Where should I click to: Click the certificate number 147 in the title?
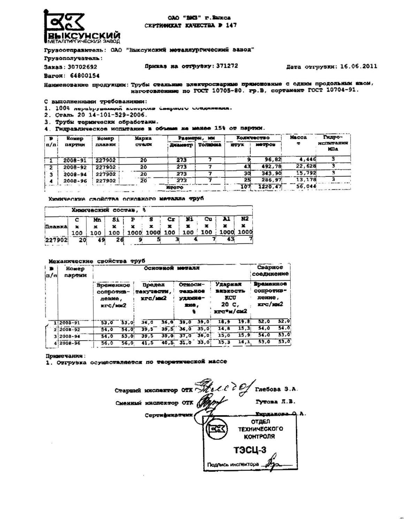coord(231,25)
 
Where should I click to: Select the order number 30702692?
coord(82,67)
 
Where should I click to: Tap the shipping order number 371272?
coord(227,66)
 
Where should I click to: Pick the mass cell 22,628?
coord(306,166)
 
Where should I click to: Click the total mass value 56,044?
coord(306,187)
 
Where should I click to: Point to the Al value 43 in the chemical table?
coord(230,240)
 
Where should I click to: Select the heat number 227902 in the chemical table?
coord(56,240)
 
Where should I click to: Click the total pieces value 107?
coord(246,187)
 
